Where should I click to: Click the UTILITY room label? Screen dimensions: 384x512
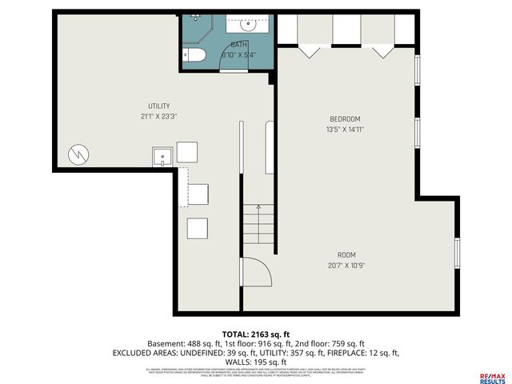pos(158,106)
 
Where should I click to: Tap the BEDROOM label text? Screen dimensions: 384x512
pos(345,118)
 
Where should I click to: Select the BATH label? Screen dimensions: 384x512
pos(239,45)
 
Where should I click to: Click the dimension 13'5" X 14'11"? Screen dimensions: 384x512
pos(345,128)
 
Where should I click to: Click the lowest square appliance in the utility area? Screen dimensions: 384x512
pos(198,227)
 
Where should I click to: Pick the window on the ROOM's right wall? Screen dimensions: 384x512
pos(456,252)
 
